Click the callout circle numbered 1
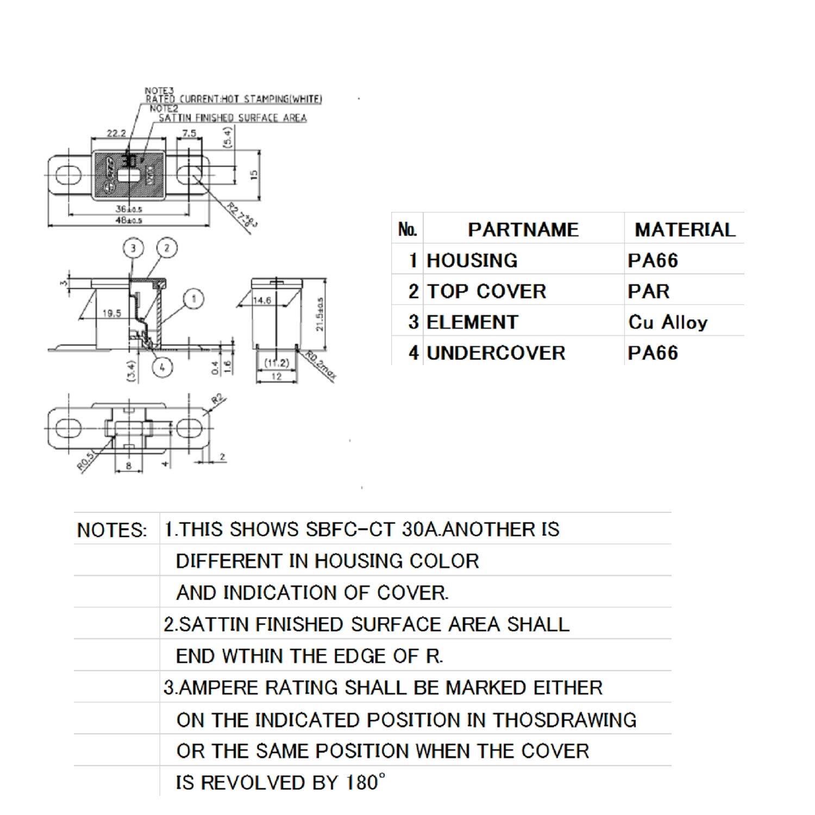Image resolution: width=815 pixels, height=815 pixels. [x=193, y=298]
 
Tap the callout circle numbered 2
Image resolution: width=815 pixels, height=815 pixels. [x=166, y=248]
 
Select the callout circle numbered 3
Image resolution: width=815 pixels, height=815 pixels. [x=134, y=248]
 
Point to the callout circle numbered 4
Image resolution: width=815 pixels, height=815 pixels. [x=162, y=367]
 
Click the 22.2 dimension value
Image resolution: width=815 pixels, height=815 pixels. [x=116, y=133]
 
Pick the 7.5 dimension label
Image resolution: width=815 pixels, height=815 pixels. [x=189, y=133]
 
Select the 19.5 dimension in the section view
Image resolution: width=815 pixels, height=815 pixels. [x=111, y=314]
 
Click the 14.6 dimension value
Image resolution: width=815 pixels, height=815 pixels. [x=262, y=300]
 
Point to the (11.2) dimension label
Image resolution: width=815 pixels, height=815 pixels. [x=277, y=363]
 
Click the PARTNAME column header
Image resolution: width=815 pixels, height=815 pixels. [x=523, y=230]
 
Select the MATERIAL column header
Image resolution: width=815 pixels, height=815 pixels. [x=685, y=230]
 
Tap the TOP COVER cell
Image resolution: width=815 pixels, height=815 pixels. [x=486, y=292]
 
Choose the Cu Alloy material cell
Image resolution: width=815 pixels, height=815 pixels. [x=668, y=322]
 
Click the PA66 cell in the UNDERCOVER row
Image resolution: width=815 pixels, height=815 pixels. [x=653, y=353]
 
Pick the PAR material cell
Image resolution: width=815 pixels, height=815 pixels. [x=649, y=292]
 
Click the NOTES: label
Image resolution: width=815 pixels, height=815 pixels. [x=112, y=530]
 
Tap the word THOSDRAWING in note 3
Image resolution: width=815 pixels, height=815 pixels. [x=565, y=720]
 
